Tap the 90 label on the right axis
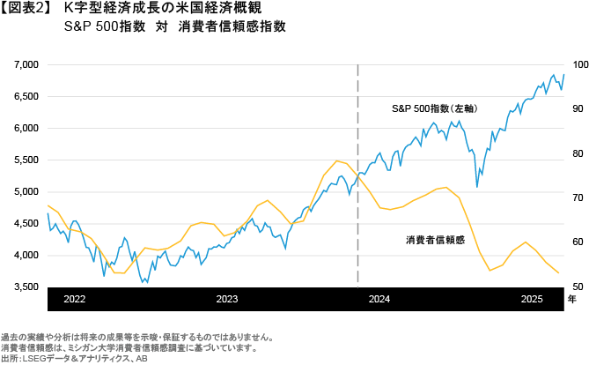[x=578, y=108]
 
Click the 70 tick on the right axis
[x=578, y=197]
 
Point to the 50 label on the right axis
[x=578, y=287]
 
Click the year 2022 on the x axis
[x=74, y=300]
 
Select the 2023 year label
[x=227, y=300]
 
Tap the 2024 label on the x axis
[x=379, y=300]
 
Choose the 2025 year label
[x=531, y=300]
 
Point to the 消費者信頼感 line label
[x=435, y=240]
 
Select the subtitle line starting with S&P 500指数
[x=175, y=26]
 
